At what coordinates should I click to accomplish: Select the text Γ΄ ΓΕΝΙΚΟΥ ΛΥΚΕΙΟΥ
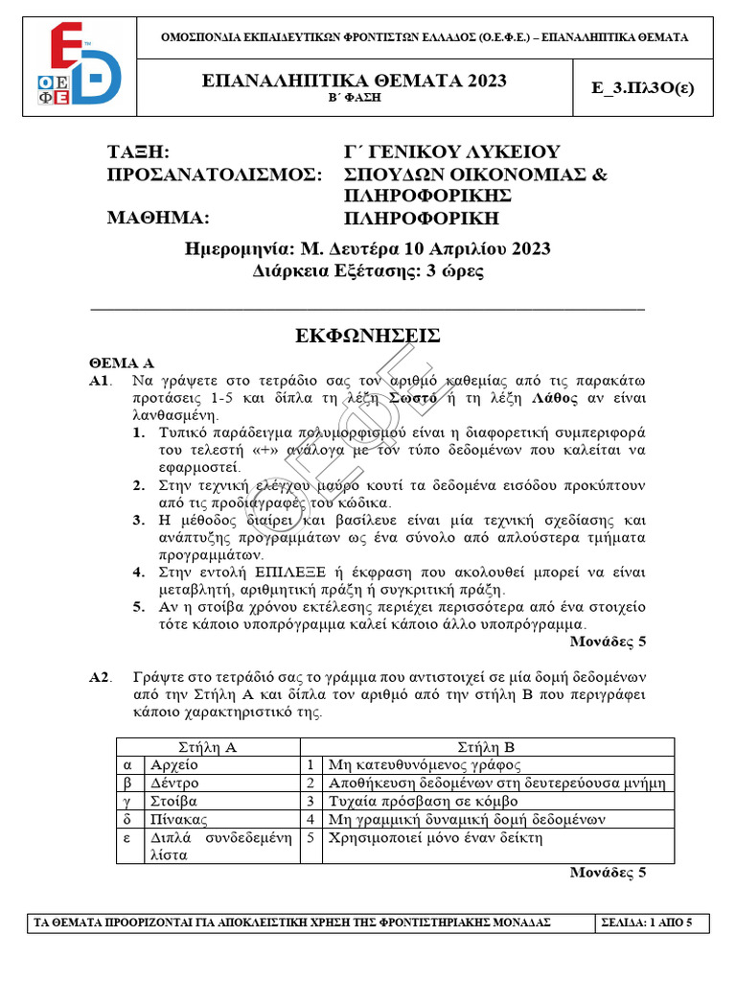(451, 152)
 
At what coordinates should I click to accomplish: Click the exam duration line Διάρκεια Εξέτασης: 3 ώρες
(368, 270)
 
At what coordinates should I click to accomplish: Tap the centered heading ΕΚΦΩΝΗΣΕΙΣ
(368, 335)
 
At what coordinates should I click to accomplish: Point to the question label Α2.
(101, 678)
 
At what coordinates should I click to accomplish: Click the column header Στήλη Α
(208, 746)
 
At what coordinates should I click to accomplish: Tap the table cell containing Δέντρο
(173, 783)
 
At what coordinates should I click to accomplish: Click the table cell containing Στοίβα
(173, 801)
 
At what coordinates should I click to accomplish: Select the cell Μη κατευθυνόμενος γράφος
(425, 764)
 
